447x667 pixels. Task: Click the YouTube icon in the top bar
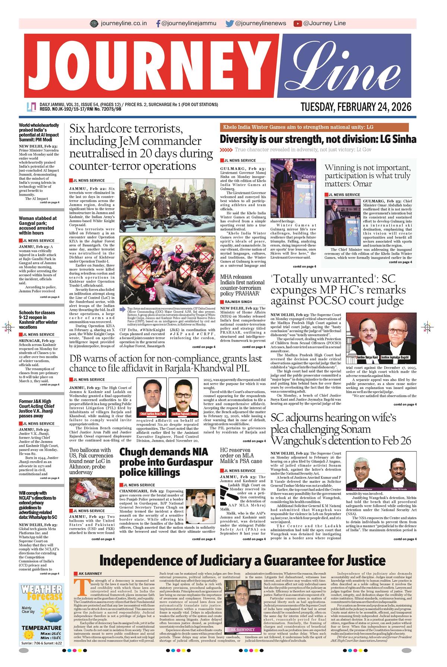point(297,23)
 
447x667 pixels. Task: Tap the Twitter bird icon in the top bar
point(229,23)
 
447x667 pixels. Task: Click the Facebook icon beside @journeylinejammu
point(159,23)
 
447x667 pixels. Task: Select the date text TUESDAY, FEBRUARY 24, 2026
point(356,107)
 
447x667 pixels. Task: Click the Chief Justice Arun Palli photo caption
point(152,414)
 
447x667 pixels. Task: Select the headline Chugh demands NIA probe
point(166,462)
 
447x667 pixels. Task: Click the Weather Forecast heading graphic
point(42,592)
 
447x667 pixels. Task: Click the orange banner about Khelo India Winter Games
point(314,127)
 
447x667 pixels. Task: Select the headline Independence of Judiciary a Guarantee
point(242,561)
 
